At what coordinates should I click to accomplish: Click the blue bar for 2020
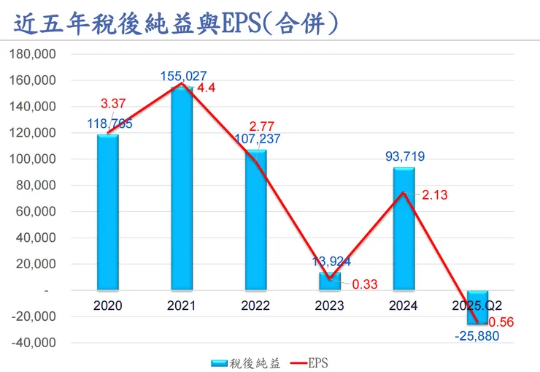[107, 212]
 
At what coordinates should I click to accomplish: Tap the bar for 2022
[256, 219]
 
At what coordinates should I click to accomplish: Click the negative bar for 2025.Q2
[479, 307]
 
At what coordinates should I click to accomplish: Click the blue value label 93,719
[404, 156]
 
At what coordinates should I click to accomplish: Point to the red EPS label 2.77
[264, 124]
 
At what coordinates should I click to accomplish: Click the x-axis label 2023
[330, 305]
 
